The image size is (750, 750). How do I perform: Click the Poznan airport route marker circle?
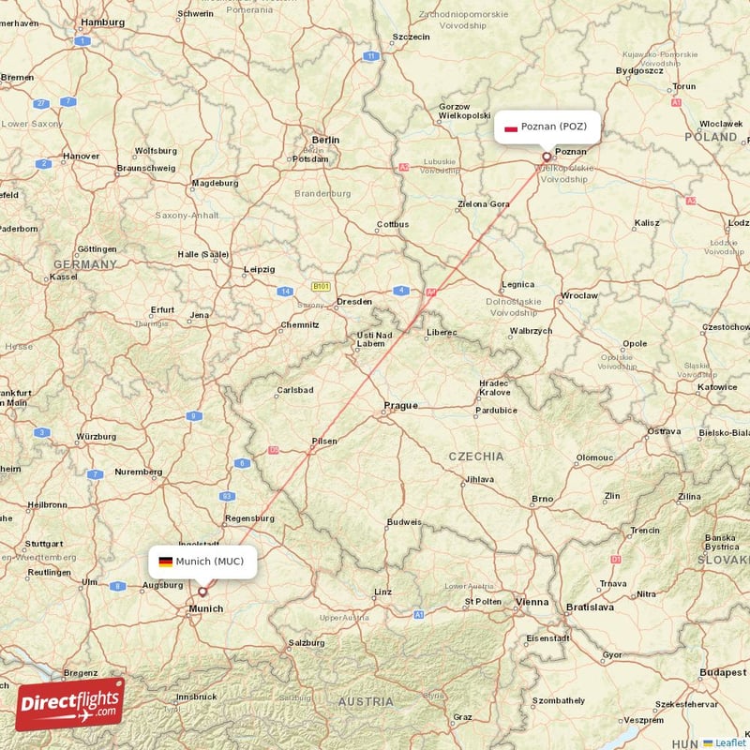coord(547,157)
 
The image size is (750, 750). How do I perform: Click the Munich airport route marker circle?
coord(202,592)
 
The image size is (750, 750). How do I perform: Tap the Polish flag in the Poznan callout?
coord(511,127)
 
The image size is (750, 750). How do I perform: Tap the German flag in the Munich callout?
coord(165,562)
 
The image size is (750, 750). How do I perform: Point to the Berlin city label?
coord(325,140)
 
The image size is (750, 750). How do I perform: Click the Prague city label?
coord(400,406)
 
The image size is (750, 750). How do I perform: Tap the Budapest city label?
coord(723,673)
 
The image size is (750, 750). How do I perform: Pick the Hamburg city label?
coord(103,21)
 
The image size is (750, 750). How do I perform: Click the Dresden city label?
coord(354,302)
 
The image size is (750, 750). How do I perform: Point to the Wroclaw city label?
coord(578,295)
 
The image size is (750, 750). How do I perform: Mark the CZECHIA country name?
coord(475,457)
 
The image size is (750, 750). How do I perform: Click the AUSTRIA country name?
coord(366,701)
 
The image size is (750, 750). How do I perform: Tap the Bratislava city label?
coord(589,607)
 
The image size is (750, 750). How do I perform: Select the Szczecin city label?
coord(411,37)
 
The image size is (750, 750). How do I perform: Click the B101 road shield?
coord(321,286)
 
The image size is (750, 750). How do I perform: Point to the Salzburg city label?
coord(307,643)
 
